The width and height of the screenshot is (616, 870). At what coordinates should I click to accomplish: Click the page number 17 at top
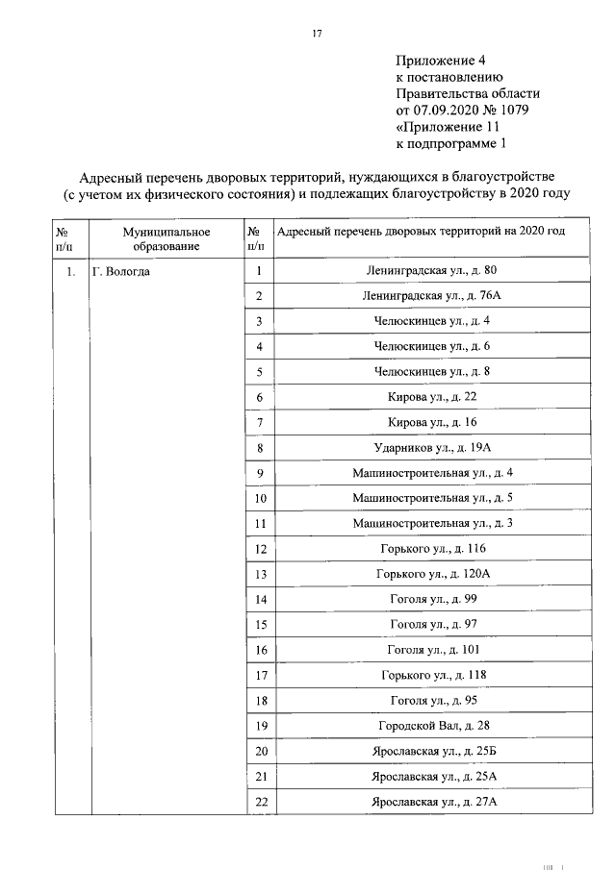317,35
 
